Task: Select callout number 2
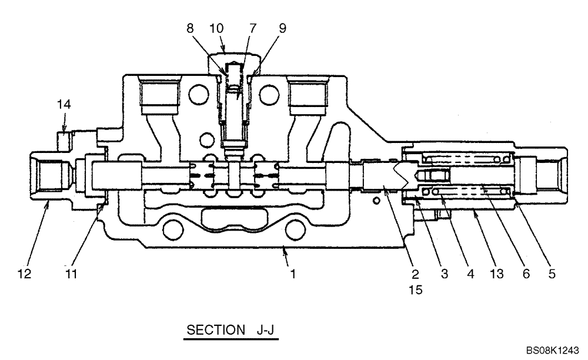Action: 415,274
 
